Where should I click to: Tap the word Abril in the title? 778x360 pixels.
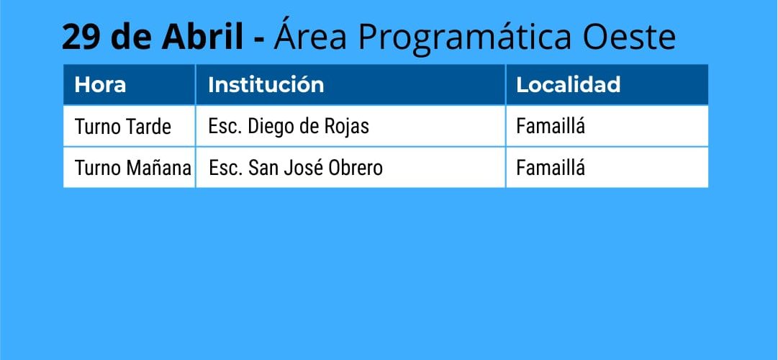tap(202, 37)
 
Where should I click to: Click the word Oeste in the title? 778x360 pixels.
tap(629, 37)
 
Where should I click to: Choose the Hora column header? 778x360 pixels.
tap(100, 85)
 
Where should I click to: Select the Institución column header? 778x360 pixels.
tap(266, 84)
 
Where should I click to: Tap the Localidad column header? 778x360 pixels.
tap(568, 84)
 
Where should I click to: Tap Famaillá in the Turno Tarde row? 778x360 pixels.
tap(551, 125)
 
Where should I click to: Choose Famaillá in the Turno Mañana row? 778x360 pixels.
tap(551, 167)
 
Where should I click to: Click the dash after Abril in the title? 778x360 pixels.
tap(258, 40)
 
